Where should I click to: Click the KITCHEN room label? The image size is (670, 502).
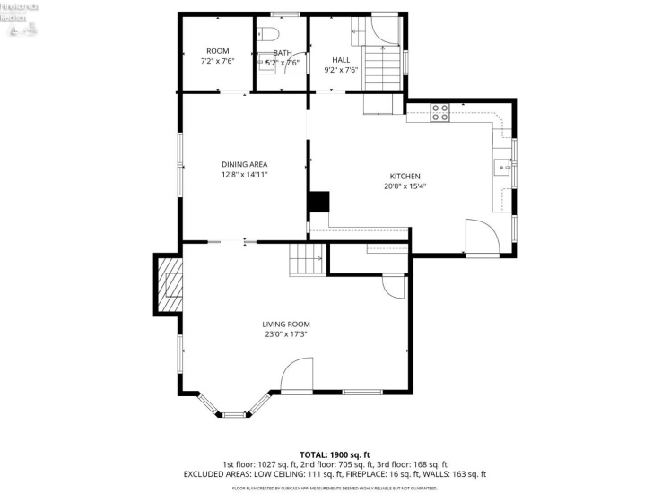point(405,177)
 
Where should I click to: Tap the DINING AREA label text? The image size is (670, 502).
point(245,164)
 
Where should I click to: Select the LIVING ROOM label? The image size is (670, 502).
point(286,325)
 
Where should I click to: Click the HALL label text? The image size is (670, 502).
point(341,60)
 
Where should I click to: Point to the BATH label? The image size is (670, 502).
point(283,53)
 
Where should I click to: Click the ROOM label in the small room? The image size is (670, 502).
point(217,51)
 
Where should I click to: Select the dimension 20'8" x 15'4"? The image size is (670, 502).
point(405,186)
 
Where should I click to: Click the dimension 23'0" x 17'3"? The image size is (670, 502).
point(286,334)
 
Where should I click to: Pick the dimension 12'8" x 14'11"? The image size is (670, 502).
point(245,174)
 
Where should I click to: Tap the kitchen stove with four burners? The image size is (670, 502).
point(440,112)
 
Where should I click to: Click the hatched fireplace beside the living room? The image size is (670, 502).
point(169,284)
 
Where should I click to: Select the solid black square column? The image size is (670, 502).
point(318,202)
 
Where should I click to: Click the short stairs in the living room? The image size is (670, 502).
point(306,261)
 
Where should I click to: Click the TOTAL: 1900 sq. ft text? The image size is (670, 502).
point(334,454)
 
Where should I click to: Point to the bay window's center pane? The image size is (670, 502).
point(233,414)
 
